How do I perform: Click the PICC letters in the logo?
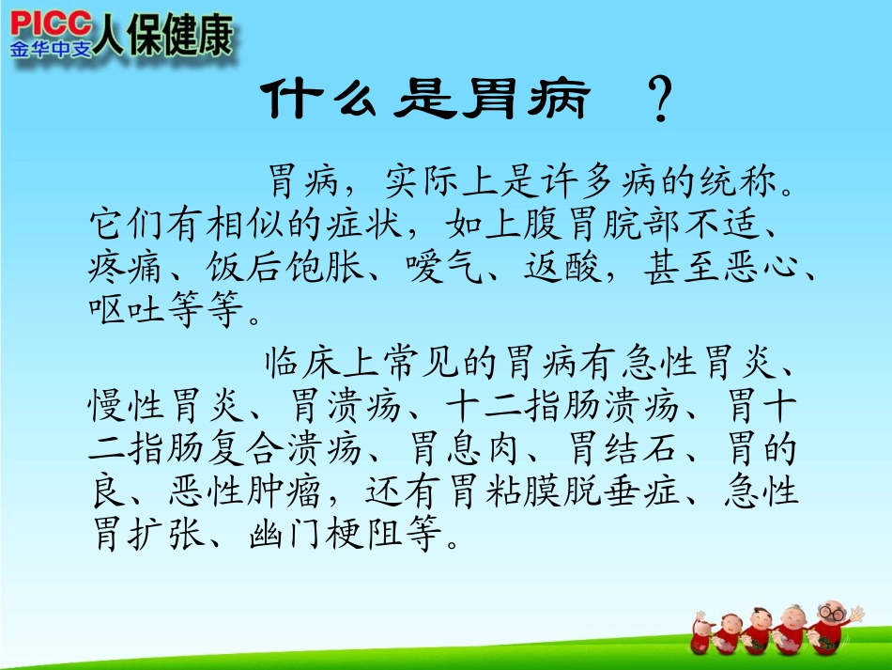click(x=51, y=23)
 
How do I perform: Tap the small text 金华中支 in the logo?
click(x=52, y=47)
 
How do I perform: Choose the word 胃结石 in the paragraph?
click(x=630, y=449)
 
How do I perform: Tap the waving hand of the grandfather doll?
click(x=856, y=612)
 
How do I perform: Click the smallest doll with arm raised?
click(x=701, y=628)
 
